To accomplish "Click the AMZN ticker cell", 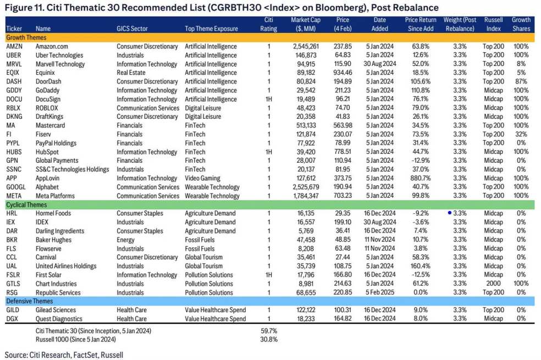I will click(x=15, y=47).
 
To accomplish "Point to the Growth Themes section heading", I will click(x=27, y=37).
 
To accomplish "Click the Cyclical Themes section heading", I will click(x=27, y=204).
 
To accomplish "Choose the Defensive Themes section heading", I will click(x=30, y=301).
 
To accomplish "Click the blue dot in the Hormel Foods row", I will click(x=450, y=213).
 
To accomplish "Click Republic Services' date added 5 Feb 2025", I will click(x=379, y=293).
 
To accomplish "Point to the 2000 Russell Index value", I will click(x=493, y=284).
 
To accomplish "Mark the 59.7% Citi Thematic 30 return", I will click(x=268, y=331).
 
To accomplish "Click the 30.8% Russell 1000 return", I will click(x=268, y=339).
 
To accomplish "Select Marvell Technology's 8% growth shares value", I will click(x=521, y=64).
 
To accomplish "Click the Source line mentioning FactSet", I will click(x=64, y=355).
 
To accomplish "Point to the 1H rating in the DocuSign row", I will click(x=269, y=99).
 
